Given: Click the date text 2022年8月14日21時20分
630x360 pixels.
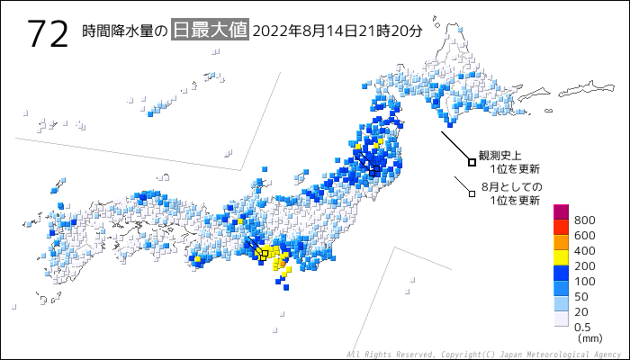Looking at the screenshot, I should [337, 31].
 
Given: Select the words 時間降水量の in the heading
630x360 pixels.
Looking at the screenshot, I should [124, 31].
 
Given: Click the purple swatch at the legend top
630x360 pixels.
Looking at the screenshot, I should [561, 212].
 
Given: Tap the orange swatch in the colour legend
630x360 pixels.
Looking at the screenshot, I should [561, 243].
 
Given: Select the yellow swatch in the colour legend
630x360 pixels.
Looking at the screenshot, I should [561, 258].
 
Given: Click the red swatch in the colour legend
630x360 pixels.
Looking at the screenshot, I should [561, 228].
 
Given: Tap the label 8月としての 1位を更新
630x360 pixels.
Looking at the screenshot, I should [511, 193].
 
